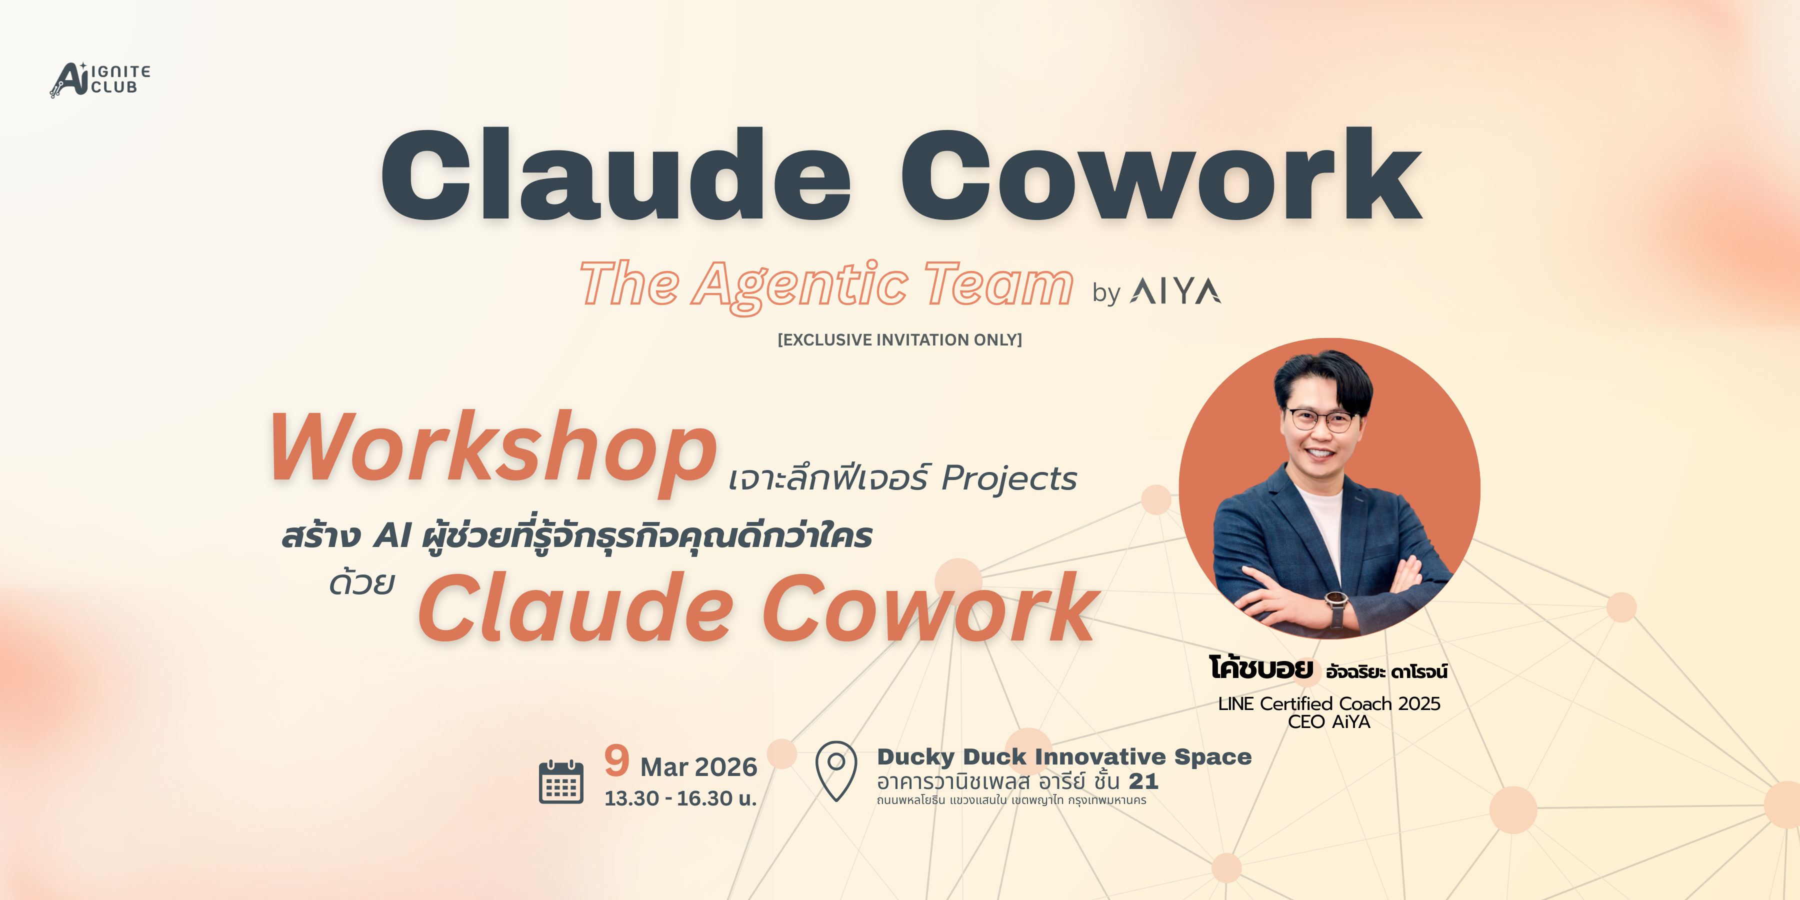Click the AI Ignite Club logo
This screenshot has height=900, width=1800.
pos(100,79)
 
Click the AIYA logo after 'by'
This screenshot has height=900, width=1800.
pos(1175,291)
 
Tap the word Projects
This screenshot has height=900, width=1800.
pos(1009,479)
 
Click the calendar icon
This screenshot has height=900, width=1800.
pos(561,782)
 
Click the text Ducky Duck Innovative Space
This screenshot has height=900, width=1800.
pos(1064,757)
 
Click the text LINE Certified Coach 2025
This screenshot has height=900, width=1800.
pos(1329,703)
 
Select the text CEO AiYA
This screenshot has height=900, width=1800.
pos(1329,722)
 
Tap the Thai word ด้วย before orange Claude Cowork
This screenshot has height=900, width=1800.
pos(362,581)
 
